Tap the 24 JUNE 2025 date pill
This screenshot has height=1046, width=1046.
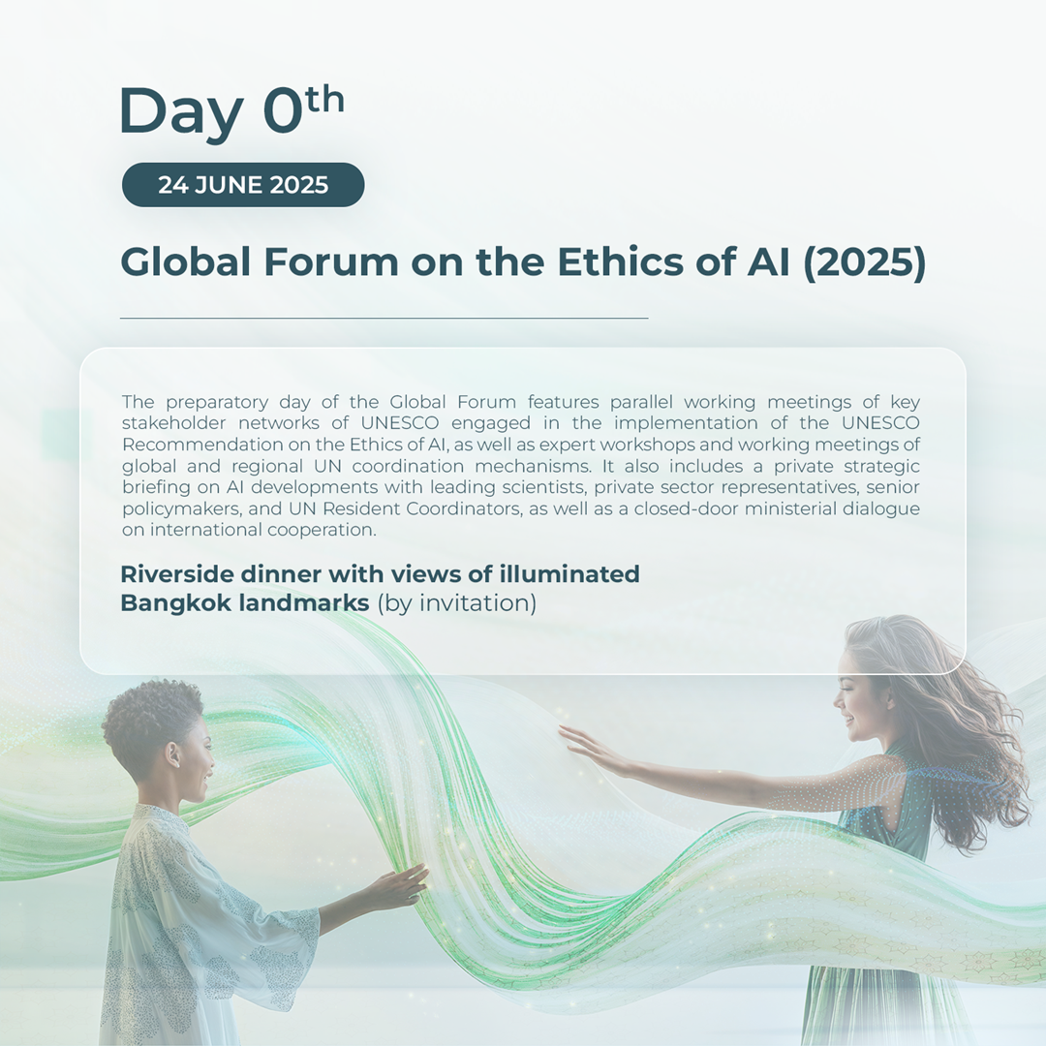(x=243, y=185)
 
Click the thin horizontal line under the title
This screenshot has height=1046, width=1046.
(x=385, y=319)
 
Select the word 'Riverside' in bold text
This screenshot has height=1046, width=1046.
(x=177, y=573)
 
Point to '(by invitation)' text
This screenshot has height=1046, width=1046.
(x=457, y=603)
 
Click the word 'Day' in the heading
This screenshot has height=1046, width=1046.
(x=180, y=112)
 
